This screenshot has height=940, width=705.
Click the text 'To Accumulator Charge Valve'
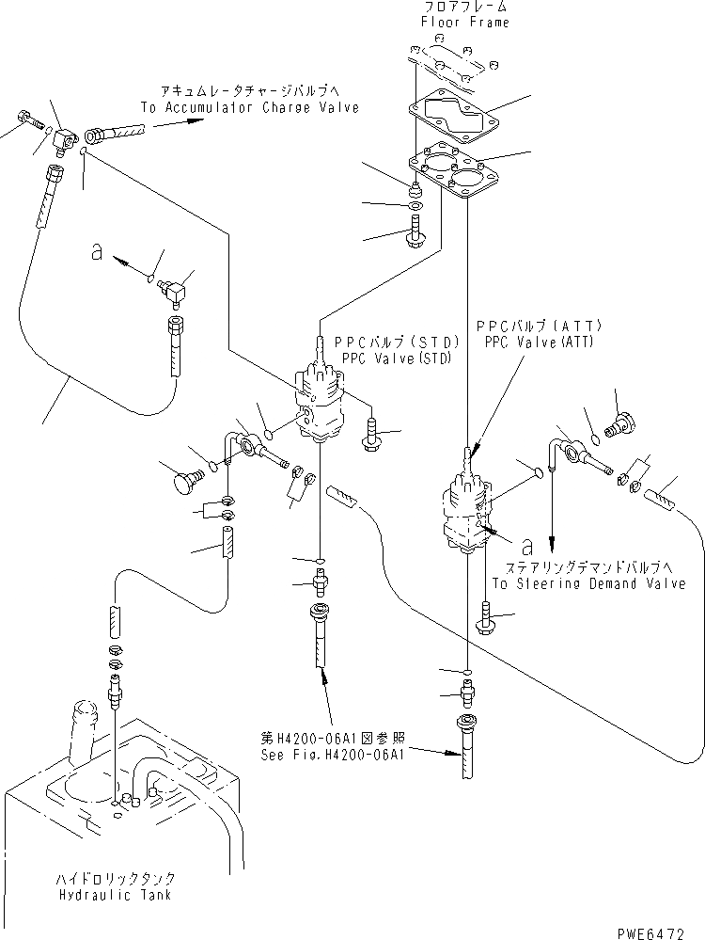point(249,108)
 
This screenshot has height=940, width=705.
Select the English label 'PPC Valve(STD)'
point(384,358)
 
